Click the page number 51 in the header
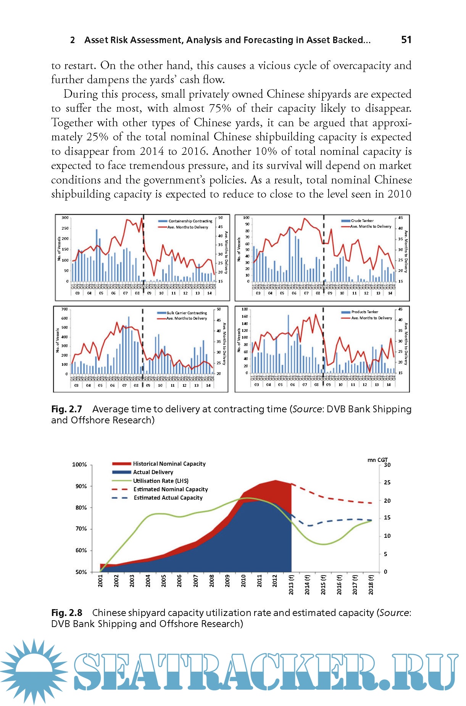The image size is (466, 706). tap(406, 40)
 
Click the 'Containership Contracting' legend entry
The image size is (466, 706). tap(190, 221)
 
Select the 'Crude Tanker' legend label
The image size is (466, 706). tap(362, 220)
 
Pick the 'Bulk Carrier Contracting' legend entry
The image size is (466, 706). tap(187, 313)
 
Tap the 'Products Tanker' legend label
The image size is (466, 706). tap(364, 312)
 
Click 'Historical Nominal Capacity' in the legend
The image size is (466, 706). tap(169, 464)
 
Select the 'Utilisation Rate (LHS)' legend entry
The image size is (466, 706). tap(161, 481)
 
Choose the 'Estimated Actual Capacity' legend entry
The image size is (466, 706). tap(168, 498)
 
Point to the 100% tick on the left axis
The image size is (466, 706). tap(79, 465)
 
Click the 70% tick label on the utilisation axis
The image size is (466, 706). tap(81, 529)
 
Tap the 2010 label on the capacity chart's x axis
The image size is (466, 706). tap(243, 581)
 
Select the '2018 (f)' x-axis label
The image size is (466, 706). tap(371, 585)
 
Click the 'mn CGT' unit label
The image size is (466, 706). tap(377, 460)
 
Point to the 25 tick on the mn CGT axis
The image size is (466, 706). tap(387, 482)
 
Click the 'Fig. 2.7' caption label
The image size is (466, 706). tap(66, 409)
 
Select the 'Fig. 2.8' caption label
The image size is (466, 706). tap(66, 613)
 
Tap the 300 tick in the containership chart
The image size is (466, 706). tap(65, 218)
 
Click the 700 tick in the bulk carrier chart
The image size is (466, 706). tap(64, 309)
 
